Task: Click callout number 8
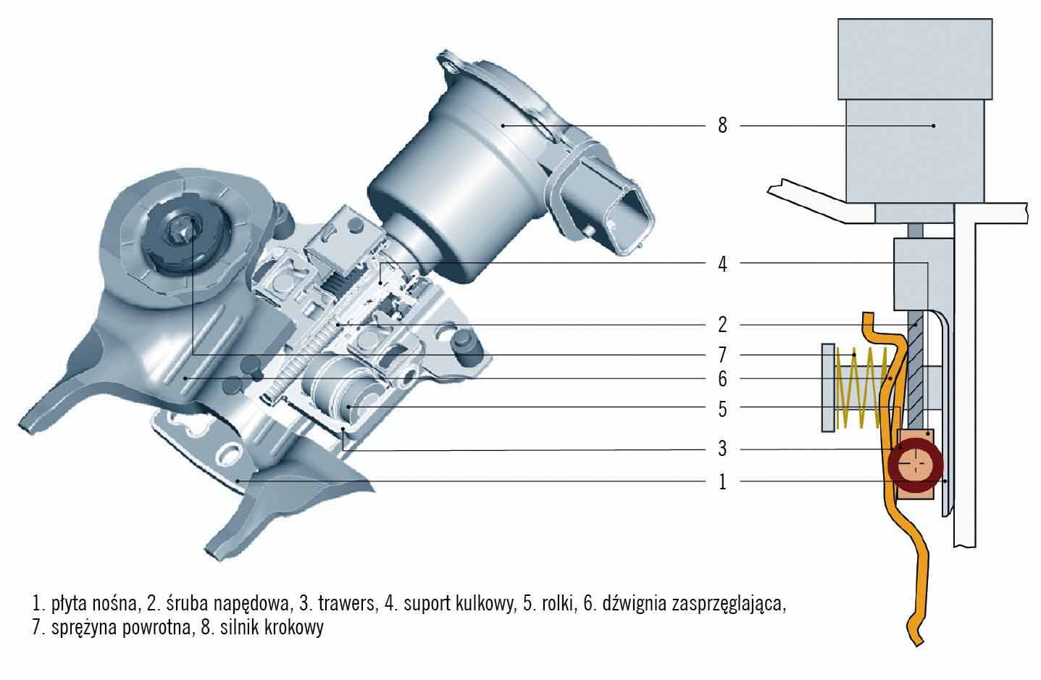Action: (722, 125)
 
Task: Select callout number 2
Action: (722, 325)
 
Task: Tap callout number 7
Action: (722, 355)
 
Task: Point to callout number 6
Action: (722, 379)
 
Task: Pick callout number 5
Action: (722, 410)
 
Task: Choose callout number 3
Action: (722, 449)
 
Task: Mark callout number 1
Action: (722, 482)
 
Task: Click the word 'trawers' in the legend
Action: (348, 603)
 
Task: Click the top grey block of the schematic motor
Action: (914, 58)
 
